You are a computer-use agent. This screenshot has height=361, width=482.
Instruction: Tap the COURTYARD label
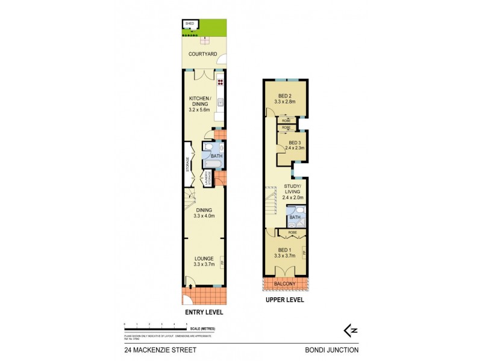tap(202, 54)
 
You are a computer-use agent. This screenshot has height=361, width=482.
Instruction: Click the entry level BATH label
tap(216, 156)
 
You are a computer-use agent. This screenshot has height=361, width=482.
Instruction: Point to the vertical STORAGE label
tap(188, 164)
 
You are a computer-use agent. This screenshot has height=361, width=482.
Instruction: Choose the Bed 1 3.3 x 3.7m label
tap(285, 252)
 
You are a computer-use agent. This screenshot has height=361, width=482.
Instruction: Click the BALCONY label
tap(285, 283)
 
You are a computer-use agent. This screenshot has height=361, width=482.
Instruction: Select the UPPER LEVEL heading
tap(284, 300)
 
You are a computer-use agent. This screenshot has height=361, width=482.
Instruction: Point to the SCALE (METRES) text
tap(202, 329)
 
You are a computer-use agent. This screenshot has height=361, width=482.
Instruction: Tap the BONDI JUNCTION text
tap(331, 350)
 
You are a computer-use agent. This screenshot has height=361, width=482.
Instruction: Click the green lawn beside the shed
tap(214, 28)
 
